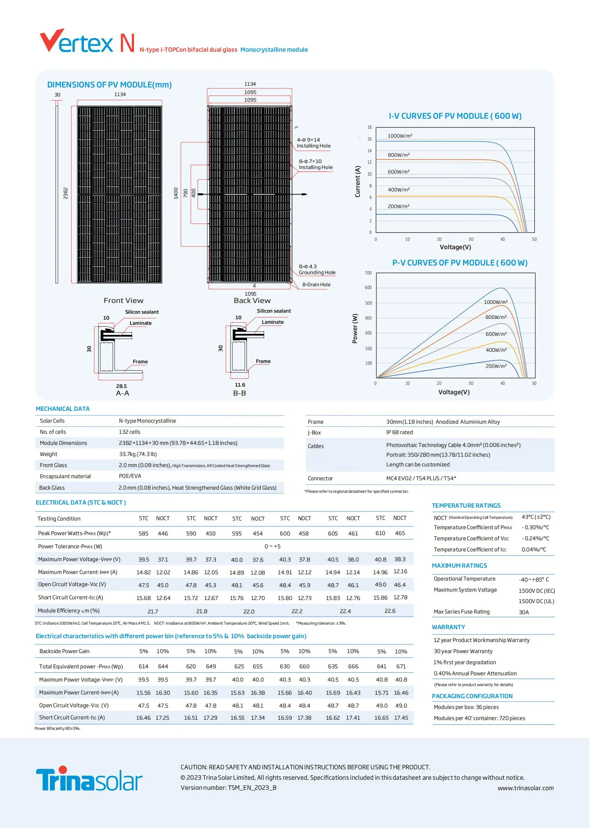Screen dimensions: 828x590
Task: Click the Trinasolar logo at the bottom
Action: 89,779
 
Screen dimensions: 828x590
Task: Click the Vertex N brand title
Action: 87,42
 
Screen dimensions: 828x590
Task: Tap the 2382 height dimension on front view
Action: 66,193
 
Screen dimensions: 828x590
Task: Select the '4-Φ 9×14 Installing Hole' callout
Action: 313,143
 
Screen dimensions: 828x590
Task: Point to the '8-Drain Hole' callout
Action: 316,285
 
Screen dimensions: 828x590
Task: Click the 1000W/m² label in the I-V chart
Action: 400,136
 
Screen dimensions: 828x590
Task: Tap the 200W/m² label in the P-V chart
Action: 496,366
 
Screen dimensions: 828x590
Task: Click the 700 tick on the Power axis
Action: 368,273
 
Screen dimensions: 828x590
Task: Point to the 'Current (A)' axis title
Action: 358,182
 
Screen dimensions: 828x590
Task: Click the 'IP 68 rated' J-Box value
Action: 399,432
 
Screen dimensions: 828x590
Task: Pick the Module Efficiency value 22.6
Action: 390,611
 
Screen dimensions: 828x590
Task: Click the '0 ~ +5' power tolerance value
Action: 273,546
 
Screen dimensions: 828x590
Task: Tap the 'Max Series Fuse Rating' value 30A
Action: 523,612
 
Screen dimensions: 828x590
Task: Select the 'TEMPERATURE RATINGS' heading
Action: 466,506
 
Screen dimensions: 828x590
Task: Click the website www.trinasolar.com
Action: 525,788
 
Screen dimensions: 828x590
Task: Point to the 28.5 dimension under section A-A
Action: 121,386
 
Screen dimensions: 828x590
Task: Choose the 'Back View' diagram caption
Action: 252,301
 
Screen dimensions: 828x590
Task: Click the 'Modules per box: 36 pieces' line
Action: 466,707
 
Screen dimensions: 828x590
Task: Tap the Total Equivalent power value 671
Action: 401,666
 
